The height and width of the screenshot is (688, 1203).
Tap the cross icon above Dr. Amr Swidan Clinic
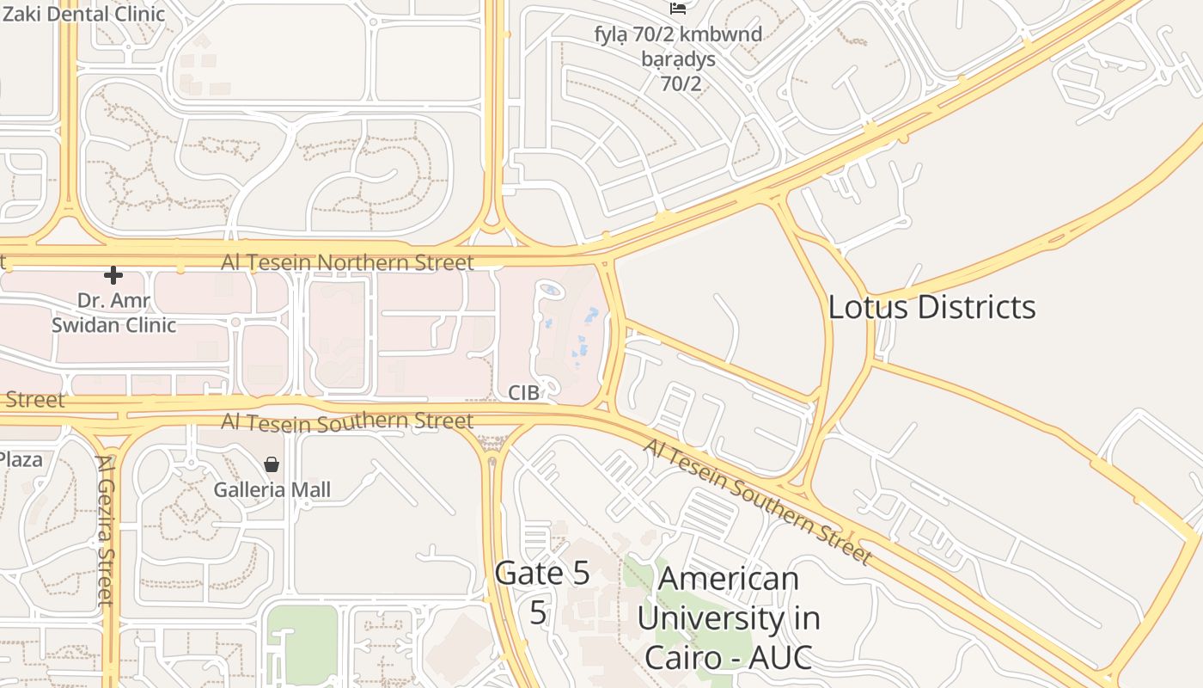pyautogui.click(x=113, y=275)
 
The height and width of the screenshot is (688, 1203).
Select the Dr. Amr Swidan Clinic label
pyautogui.click(x=113, y=313)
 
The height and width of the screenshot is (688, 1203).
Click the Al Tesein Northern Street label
pyautogui.click(x=347, y=262)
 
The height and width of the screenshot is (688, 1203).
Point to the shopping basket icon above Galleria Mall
pyautogui.click(x=272, y=464)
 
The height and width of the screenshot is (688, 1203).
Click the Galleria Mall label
pyautogui.click(x=272, y=490)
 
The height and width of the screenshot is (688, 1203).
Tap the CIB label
pyautogui.click(x=523, y=393)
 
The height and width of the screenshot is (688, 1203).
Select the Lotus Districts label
pyautogui.click(x=931, y=307)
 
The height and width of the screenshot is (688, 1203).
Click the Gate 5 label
pyautogui.click(x=541, y=574)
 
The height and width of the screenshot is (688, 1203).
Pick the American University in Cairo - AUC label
pyautogui.click(x=728, y=617)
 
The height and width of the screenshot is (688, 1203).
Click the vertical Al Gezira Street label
pyautogui.click(x=105, y=530)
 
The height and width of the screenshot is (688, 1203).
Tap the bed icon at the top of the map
pyautogui.click(x=678, y=9)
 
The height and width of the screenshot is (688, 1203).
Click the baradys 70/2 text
pyautogui.click(x=678, y=71)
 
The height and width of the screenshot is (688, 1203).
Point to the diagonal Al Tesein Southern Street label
pyautogui.click(x=756, y=501)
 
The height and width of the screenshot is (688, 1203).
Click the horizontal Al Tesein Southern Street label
pyautogui.click(x=347, y=421)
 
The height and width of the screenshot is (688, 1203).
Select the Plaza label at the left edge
pyautogui.click(x=21, y=460)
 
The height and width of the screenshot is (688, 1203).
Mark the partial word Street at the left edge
pyautogui.click(x=34, y=400)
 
